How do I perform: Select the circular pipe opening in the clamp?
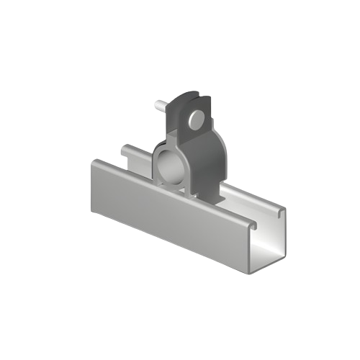coord(168,163)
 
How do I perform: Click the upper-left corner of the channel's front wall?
coord(91,163)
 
